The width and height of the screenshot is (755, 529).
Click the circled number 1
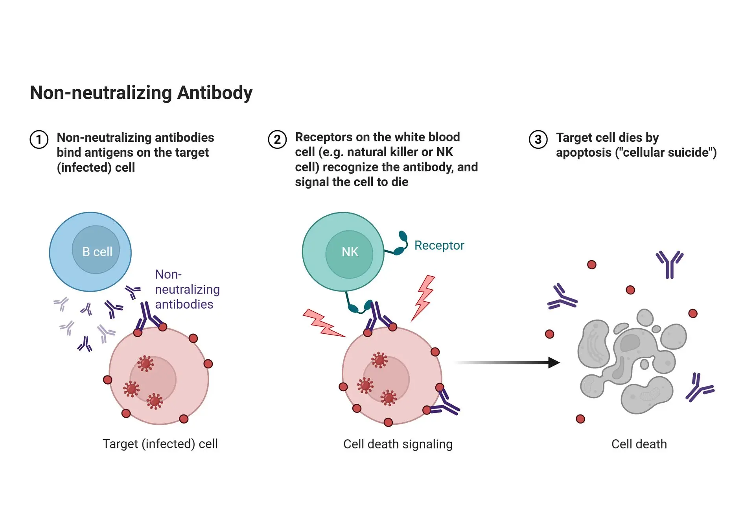[39, 139]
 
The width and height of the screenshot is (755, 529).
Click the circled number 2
[277, 139]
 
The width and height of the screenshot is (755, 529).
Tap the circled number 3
[538, 139]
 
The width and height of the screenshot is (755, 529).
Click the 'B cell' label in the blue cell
[97, 252]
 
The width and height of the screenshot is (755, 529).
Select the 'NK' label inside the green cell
[350, 252]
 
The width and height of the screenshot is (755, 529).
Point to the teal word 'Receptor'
[439, 245]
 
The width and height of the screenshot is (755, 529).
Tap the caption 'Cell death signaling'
[398, 444]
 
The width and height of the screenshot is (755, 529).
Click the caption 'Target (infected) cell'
[160, 444]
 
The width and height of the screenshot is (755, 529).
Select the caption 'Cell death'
[639, 444]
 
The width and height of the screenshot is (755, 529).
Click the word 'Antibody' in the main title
[215, 93]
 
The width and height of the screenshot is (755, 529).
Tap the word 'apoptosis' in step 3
[584, 153]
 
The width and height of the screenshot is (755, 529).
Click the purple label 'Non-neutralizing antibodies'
[187, 289]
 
